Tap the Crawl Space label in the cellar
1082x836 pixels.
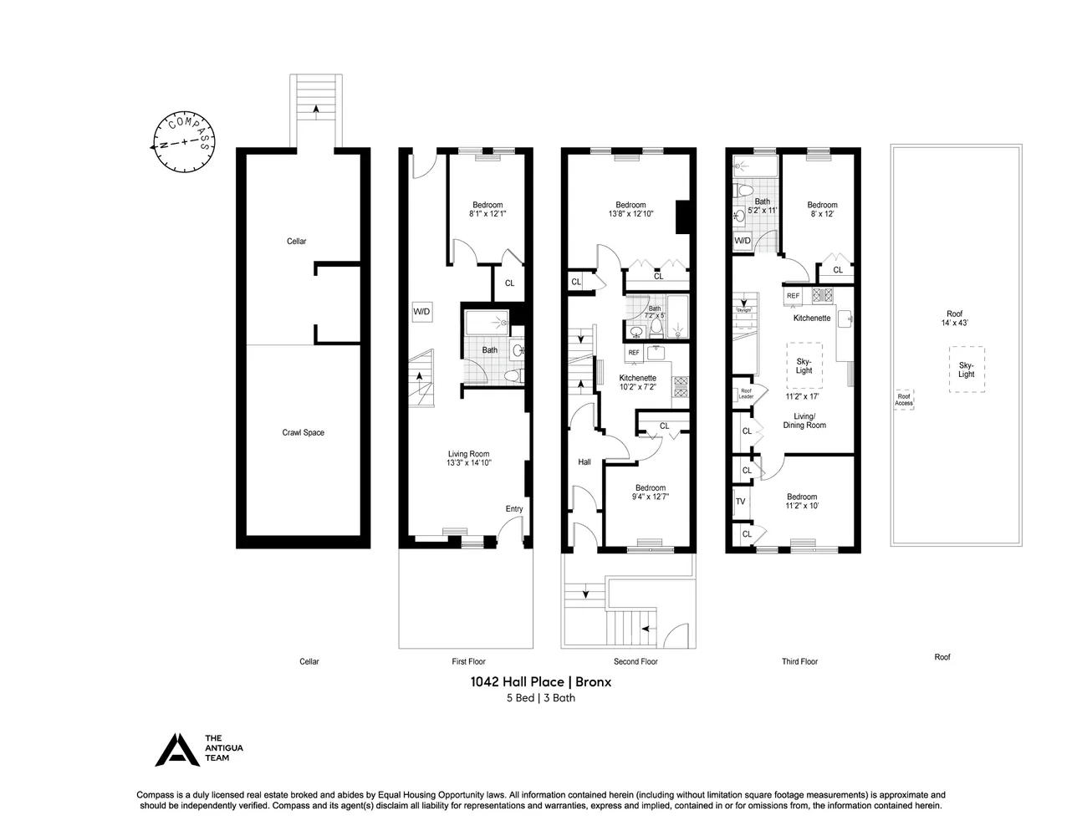click(x=303, y=432)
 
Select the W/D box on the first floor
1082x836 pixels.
click(x=421, y=312)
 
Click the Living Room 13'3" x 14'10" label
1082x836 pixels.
click(x=468, y=458)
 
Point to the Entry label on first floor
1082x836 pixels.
click(x=513, y=509)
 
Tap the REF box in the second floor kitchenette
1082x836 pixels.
click(x=634, y=353)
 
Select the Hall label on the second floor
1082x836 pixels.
click(x=584, y=461)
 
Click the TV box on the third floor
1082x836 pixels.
click(x=740, y=502)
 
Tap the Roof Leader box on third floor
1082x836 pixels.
click(x=745, y=394)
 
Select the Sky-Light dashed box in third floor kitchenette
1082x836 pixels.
click(x=804, y=365)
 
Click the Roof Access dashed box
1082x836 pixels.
click(x=904, y=400)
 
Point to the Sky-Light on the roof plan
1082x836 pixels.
click(x=966, y=370)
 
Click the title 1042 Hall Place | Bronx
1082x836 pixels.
click(x=540, y=681)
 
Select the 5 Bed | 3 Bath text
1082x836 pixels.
click(x=540, y=698)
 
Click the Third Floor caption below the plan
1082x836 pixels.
click(x=799, y=661)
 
